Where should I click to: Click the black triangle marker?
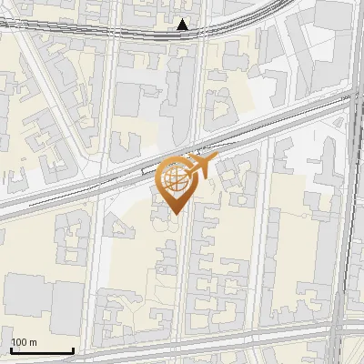click(x=184, y=25)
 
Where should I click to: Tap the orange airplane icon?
click(x=199, y=167)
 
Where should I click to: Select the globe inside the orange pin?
click(x=175, y=181)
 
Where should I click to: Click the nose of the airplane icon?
click(x=215, y=160)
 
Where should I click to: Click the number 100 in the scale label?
click(x=20, y=341)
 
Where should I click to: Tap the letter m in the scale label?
click(x=34, y=341)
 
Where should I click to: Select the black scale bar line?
click(x=42, y=350)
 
